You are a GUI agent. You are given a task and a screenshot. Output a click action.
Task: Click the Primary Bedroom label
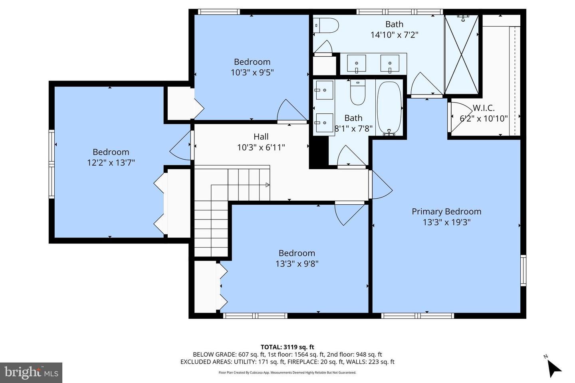point(446,211)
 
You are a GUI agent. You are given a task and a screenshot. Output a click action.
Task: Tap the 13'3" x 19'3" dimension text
point(446,222)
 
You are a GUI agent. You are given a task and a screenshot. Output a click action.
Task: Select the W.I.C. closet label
point(484,108)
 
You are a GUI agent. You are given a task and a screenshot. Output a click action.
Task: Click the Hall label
point(261,137)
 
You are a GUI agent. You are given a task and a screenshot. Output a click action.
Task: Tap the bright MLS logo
point(31,373)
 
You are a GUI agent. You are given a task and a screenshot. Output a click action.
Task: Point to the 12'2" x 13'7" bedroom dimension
point(111,162)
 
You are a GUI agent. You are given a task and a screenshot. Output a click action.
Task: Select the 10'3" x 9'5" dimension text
point(252,72)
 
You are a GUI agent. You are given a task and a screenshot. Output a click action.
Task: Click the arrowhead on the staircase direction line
point(268,185)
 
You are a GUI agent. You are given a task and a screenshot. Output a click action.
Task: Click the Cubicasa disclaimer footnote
point(287,373)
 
